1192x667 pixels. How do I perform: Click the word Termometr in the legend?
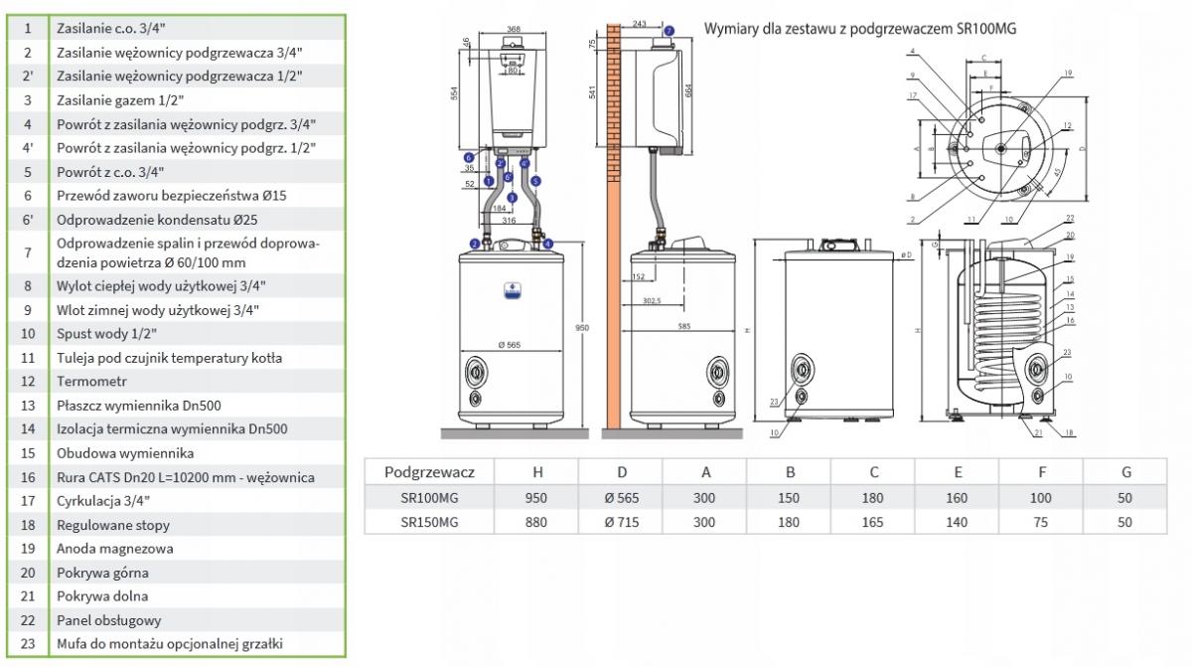pyautogui.click(x=86, y=381)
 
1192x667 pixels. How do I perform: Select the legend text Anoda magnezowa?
pyautogui.click(x=101, y=548)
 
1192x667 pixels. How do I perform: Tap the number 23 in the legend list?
pyautogui.click(x=28, y=643)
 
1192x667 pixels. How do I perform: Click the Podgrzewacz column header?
pyautogui.click(x=429, y=472)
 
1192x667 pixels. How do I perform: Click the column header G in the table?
pyautogui.click(x=1124, y=472)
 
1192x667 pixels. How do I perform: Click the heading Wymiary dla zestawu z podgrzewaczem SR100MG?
pyautogui.click(x=860, y=29)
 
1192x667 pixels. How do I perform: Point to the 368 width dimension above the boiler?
pyautogui.click(x=514, y=30)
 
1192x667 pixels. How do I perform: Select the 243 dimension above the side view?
pyautogui.click(x=638, y=23)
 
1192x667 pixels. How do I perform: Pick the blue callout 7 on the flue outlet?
pyautogui.click(x=669, y=31)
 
